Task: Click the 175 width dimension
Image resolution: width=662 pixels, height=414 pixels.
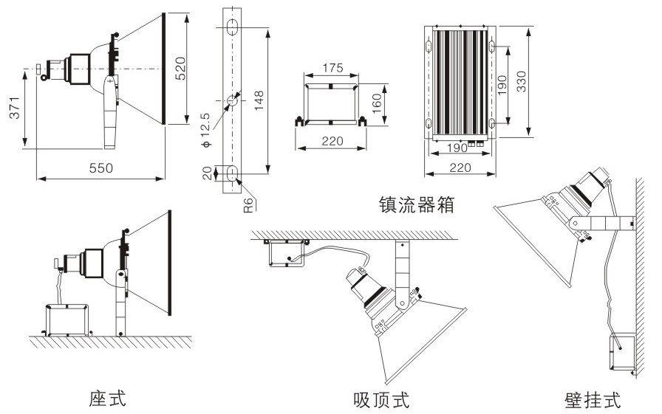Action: coord(332,68)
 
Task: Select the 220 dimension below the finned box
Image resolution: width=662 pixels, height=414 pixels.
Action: coord(459,168)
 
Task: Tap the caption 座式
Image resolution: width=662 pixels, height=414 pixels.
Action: coord(108,399)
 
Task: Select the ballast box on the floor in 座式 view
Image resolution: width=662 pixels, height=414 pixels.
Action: coord(68,320)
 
